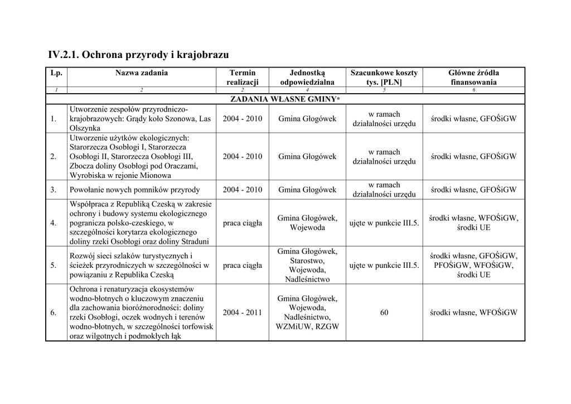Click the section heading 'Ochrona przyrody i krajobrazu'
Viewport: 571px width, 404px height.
click(138, 55)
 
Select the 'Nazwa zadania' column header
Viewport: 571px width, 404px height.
click(142, 73)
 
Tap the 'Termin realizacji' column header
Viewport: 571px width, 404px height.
click(242, 77)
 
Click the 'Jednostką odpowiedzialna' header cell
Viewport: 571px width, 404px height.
click(307, 77)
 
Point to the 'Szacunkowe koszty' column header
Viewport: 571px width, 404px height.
click(384, 77)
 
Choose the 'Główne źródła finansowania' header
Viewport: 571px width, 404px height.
click(473, 77)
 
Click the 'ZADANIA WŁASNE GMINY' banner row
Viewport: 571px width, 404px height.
click(285, 99)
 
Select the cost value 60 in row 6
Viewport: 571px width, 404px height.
click(384, 312)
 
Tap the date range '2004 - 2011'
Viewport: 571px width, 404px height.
click(242, 312)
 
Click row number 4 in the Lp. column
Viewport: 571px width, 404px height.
click(54, 223)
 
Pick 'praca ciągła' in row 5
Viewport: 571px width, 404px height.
click(242, 266)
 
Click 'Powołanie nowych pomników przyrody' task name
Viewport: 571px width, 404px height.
click(134, 190)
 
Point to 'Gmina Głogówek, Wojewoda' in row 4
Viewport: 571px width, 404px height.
click(307, 223)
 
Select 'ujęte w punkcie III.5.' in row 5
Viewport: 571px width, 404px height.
click(384, 266)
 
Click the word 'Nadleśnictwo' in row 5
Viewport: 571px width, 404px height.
click(307, 280)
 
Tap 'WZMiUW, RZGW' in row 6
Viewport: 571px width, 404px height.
click(307, 326)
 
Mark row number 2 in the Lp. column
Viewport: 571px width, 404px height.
click(54, 157)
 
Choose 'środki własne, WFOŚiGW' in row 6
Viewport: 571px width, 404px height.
click(473, 312)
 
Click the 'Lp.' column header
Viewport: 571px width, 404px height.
click(56, 73)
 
